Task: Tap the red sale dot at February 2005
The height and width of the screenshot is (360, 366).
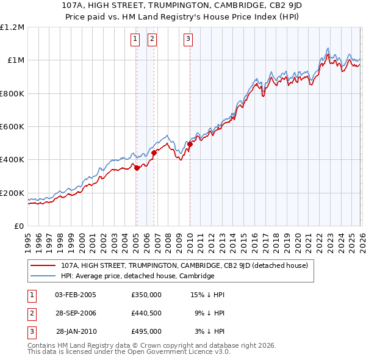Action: [137, 168]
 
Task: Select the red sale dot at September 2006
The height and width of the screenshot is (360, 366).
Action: [154, 153]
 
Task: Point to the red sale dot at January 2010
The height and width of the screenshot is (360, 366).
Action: [190, 144]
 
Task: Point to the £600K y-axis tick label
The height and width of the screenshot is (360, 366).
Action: [12, 127]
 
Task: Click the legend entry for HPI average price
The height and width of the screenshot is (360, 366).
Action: [137, 276]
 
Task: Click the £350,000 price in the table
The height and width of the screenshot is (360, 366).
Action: [146, 295]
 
